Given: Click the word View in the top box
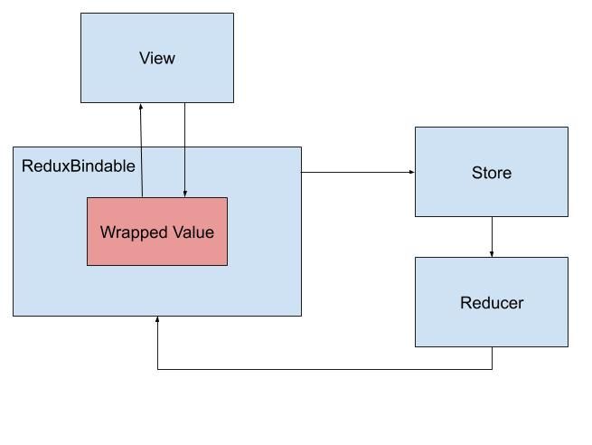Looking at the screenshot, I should [x=156, y=58].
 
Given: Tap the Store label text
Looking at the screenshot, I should [x=491, y=173].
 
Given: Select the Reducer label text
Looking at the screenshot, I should [x=491, y=303].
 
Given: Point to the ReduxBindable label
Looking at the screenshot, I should [x=79, y=166].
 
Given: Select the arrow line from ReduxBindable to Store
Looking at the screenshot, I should [x=357, y=172].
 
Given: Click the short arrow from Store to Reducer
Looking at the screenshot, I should [x=492, y=235].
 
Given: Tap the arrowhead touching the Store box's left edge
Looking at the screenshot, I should [x=411, y=172].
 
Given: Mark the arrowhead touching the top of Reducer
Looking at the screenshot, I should [x=492, y=253].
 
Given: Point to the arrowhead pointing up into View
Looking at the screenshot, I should [x=141, y=107].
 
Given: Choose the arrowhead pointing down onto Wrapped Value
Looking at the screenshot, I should [x=185, y=194].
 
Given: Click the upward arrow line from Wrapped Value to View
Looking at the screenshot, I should [x=142, y=154].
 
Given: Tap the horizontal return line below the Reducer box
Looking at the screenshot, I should [x=325, y=369].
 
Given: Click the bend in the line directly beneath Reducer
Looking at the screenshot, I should [x=492, y=369].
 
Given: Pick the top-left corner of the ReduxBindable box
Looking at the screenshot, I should [x=14, y=147].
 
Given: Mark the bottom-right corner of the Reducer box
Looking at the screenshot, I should [x=568, y=346].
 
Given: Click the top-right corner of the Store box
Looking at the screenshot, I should [x=568, y=128].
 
